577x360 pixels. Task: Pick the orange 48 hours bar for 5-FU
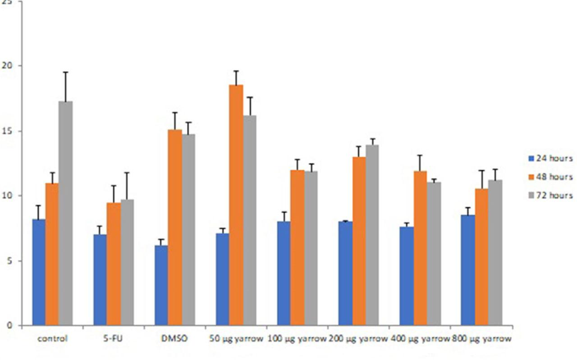[x=113, y=264]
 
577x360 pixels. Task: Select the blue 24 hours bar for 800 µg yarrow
[x=468, y=270]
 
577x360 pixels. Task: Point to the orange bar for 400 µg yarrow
[x=420, y=248]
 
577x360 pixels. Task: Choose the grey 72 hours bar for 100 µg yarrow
[x=311, y=248]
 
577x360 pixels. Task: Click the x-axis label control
[x=53, y=339]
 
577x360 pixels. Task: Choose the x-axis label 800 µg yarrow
[x=481, y=339]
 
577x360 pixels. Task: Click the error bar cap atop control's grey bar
[x=65, y=72]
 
